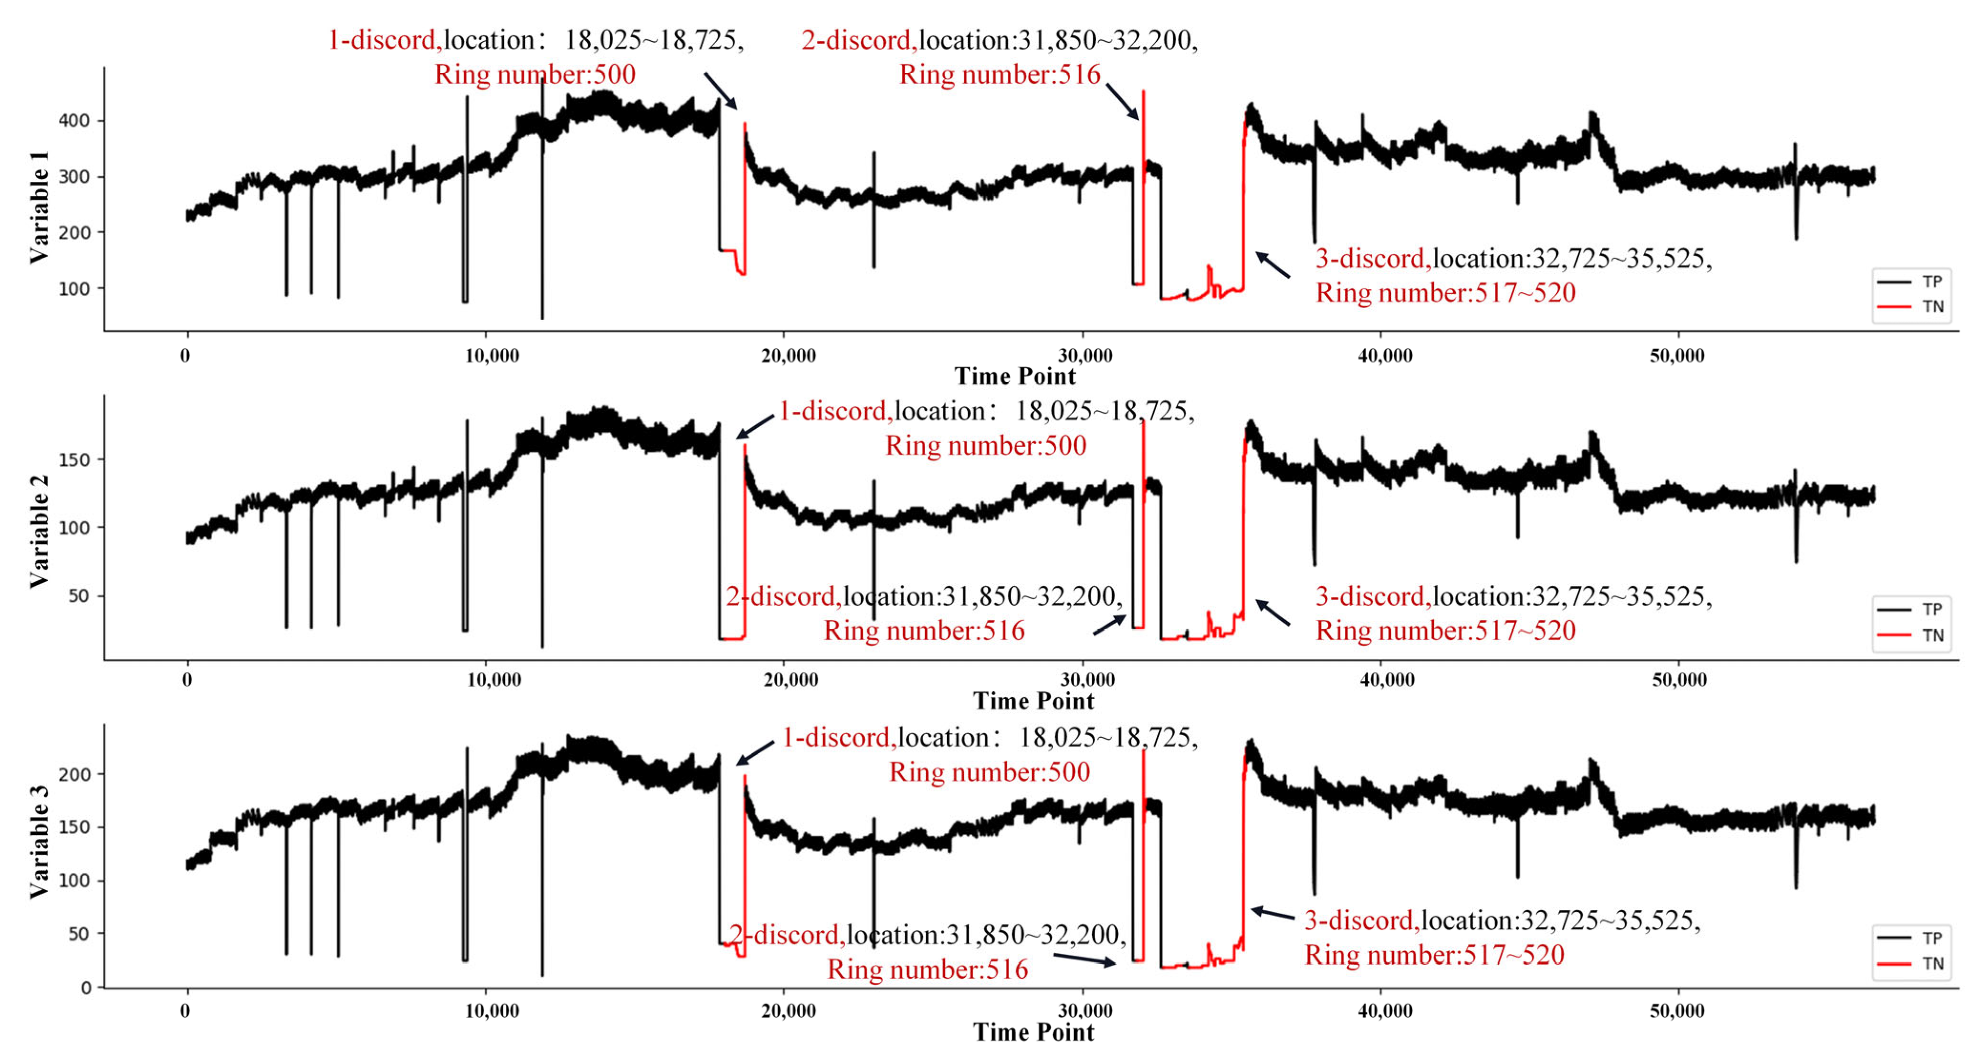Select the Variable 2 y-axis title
tap(39, 531)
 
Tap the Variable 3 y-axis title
tap(39, 841)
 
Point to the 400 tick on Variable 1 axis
tap(74, 120)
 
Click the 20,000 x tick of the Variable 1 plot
tap(788, 355)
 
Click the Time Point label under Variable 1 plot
tap(1014, 376)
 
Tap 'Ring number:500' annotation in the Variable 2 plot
tap(985, 446)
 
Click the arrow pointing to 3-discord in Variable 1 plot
tap(1273, 265)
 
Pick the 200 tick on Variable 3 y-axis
tap(74, 774)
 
